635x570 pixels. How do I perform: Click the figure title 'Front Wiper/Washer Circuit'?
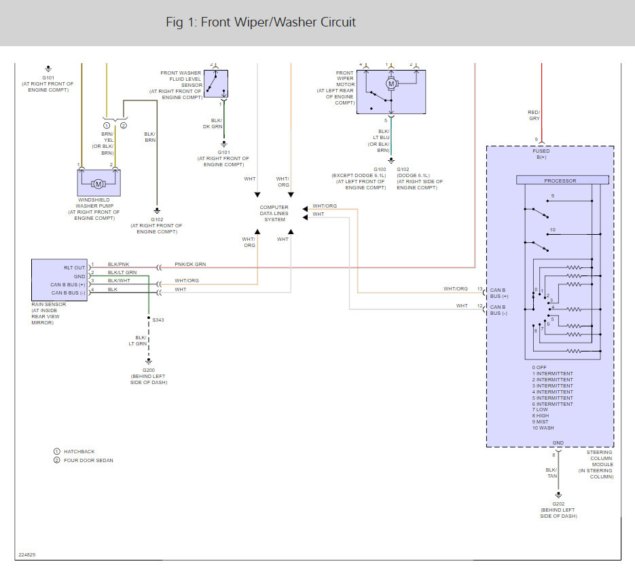(x=278, y=22)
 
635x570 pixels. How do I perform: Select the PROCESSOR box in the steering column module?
(x=562, y=180)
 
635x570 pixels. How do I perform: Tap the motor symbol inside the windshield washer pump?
(x=98, y=184)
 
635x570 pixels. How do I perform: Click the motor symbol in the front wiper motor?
(x=391, y=83)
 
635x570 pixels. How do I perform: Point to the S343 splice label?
(x=158, y=320)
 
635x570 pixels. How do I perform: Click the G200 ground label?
(x=149, y=370)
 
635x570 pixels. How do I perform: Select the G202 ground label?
(x=558, y=504)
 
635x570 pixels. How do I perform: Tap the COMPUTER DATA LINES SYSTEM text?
(x=274, y=213)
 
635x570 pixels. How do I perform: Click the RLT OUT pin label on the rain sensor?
(x=75, y=268)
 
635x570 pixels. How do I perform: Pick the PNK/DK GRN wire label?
(x=190, y=264)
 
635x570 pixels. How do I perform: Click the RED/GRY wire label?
(x=534, y=115)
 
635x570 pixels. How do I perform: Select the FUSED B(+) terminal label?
(x=541, y=154)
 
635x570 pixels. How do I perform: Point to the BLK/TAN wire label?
(x=551, y=473)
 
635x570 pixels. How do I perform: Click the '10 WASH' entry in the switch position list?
(x=543, y=428)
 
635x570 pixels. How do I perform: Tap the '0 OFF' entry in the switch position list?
(x=539, y=367)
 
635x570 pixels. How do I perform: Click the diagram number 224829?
(x=26, y=554)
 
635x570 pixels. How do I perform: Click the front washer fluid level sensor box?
(x=216, y=83)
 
